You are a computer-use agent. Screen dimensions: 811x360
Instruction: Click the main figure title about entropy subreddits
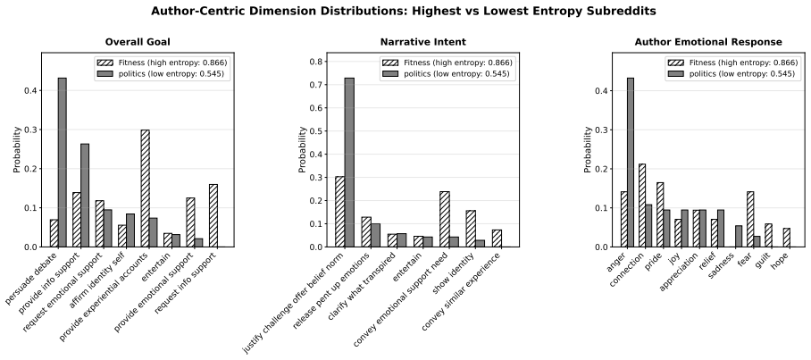[x=404, y=11]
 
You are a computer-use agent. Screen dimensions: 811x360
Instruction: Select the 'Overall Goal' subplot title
[x=138, y=42]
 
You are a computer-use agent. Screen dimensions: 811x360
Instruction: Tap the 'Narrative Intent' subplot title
[x=423, y=42]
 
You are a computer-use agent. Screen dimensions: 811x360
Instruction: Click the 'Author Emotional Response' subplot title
[x=708, y=42]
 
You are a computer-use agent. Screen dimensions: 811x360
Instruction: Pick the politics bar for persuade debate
[x=62, y=163]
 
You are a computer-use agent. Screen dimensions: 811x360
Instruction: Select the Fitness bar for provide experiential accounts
[x=146, y=188]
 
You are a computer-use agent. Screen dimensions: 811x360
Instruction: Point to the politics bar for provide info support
[x=85, y=196]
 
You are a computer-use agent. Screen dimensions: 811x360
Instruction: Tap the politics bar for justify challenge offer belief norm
[x=349, y=163]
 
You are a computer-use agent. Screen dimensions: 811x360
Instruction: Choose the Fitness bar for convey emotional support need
[x=445, y=220]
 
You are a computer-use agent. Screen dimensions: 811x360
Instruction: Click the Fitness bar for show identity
[x=472, y=229]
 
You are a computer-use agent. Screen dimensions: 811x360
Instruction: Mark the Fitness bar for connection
[x=642, y=205]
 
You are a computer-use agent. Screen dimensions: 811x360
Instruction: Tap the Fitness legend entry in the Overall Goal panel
[x=162, y=63]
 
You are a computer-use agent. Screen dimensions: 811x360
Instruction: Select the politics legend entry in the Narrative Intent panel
[x=447, y=74]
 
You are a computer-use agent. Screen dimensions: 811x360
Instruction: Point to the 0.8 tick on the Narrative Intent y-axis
[x=316, y=62]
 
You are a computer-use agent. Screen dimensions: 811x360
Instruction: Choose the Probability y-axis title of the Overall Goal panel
[x=17, y=149]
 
